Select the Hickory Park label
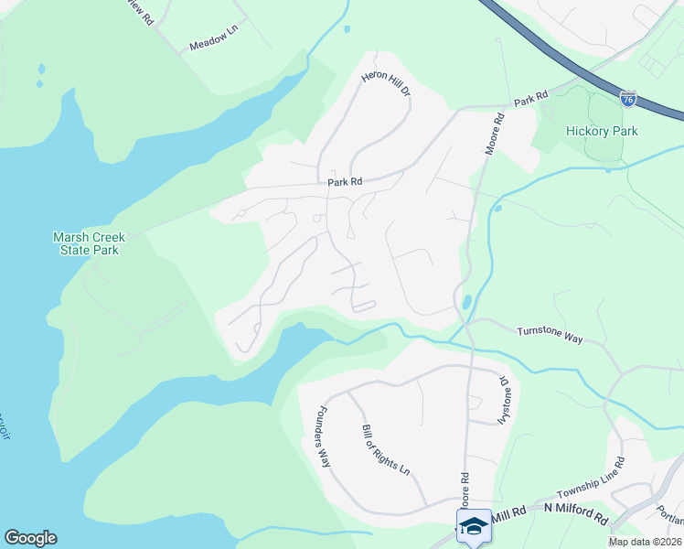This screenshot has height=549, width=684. coord(602,131)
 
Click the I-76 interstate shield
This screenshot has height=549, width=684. coord(627,99)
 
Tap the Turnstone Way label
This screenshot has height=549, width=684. coord(550,336)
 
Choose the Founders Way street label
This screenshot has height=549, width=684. coord(323,436)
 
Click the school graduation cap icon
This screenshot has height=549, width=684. coord(475,526)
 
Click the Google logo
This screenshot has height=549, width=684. coord(30,538)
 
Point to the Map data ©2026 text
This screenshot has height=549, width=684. coord(645,542)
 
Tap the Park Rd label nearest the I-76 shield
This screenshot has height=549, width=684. coord(529,97)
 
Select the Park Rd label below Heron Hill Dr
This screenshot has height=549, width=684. coord(346,182)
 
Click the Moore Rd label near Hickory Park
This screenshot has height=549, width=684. coord(496,134)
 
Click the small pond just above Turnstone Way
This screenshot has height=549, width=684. coord(467,302)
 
